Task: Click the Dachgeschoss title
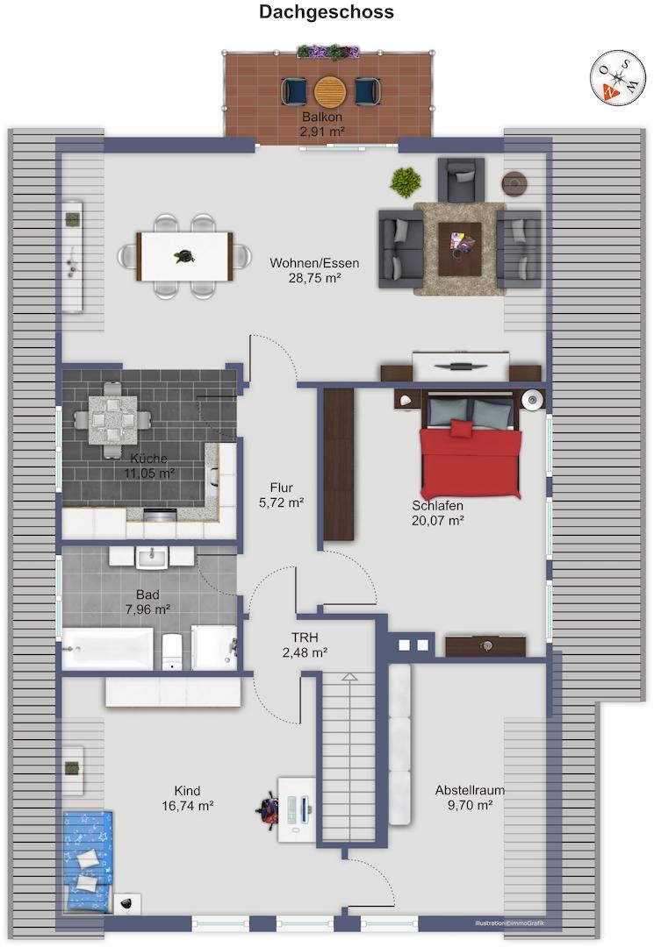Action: click(x=327, y=12)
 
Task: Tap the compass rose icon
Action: click(x=618, y=77)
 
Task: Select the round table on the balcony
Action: click(x=330, y=91)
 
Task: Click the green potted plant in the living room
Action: click(x=405, y=182)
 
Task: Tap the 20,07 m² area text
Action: click(x=438, y=521)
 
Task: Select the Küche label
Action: click(x=148, y=459)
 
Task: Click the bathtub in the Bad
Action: click(x=108, y=648)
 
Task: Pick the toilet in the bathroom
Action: click(x=172, y=651)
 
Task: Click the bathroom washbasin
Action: click(x=152, y=557)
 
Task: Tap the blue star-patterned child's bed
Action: click(x=89, y=861)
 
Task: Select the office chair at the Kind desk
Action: click(x=267, y=809)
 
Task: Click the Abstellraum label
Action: click(x=470, y=790)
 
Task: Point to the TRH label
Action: click(x=305, y=637)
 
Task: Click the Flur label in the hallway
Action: click(x=281, y=488)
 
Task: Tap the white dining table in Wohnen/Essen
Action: click(x=185, y=257)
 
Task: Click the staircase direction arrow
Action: click(x=349, y=678)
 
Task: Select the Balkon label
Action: click(x=322, y=117)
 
